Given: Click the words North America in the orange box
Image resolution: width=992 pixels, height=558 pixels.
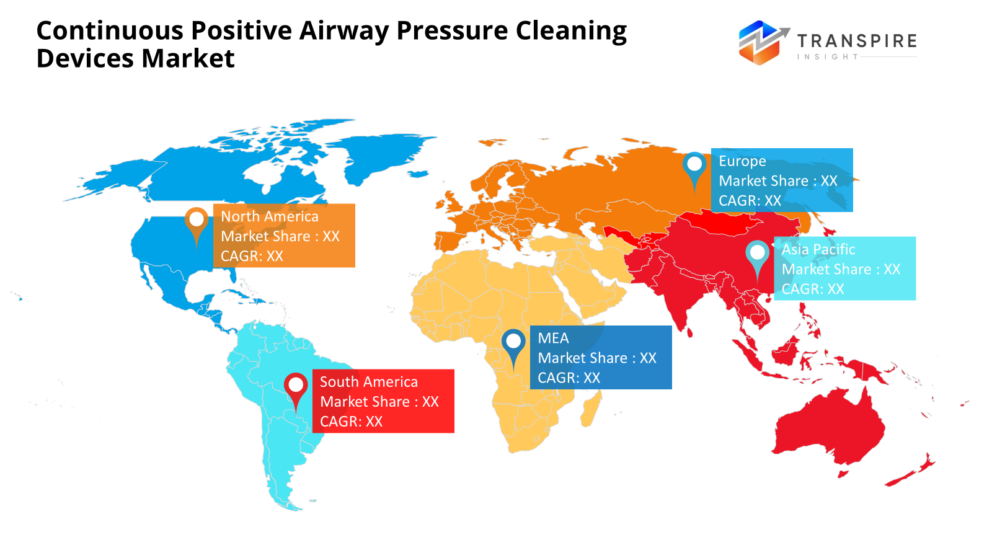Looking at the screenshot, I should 270,216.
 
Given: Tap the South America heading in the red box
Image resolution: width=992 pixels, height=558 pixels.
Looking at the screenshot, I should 369,382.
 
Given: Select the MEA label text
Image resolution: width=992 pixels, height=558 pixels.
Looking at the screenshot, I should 553,339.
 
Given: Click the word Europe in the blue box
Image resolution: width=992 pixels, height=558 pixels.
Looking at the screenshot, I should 742,161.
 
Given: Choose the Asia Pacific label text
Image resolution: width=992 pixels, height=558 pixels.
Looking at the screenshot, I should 818,249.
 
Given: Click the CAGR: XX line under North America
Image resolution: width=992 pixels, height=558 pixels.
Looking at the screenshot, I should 252,256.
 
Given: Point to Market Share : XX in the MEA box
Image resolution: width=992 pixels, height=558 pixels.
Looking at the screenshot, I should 597,358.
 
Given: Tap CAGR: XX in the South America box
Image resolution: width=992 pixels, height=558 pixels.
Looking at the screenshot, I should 351,422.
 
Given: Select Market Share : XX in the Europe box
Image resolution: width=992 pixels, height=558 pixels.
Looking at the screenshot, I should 778,181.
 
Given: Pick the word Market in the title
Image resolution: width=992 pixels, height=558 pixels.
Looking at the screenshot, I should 188,59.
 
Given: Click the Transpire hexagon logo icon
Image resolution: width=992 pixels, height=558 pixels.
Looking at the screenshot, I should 760,43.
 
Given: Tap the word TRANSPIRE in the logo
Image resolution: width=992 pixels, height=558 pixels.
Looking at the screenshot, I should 857,41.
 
